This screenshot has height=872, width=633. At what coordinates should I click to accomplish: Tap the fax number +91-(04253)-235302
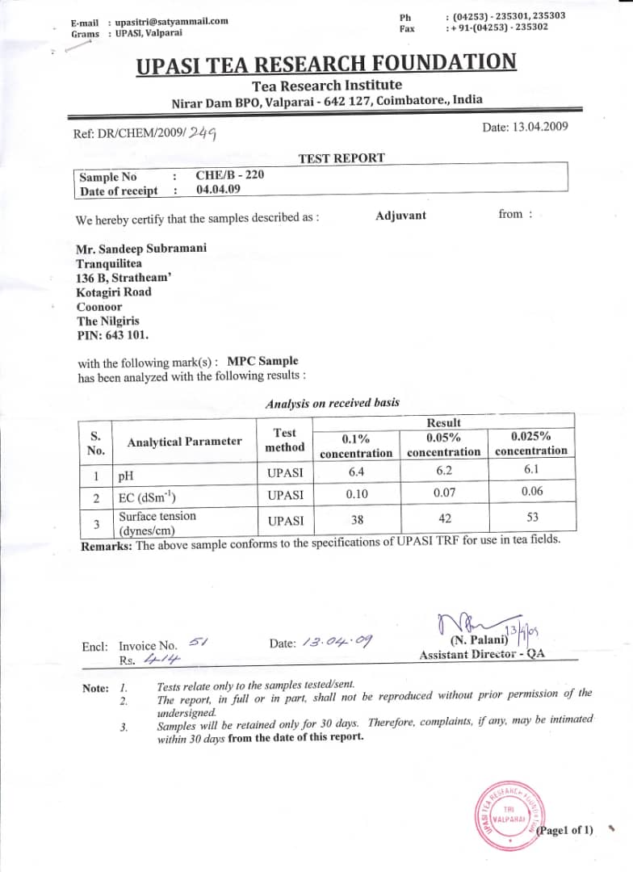498,27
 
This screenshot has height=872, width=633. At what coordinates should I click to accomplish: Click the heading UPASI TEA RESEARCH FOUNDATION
326,64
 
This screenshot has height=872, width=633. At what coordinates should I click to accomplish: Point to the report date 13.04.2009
525,127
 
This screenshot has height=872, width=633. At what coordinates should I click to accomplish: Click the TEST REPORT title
342,158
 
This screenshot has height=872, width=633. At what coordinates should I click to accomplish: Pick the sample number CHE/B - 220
229,175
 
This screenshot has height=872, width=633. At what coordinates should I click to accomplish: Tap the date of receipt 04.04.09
218,190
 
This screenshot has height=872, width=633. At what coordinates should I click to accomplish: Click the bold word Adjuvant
400,216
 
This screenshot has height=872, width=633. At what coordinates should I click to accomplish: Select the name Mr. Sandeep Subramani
140,248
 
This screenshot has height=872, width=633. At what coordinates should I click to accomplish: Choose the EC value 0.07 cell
444,492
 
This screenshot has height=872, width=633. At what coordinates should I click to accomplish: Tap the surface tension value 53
532,517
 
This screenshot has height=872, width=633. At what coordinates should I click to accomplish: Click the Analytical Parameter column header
184,442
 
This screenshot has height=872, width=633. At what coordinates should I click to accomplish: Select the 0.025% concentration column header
531,443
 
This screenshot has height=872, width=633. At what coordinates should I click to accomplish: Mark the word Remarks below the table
107,546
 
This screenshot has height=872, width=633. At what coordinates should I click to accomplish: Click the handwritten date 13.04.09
337,643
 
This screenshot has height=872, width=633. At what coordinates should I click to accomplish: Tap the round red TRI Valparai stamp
509,813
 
